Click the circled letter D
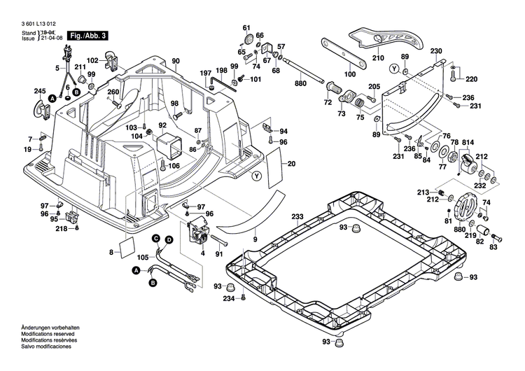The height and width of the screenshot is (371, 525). click(x=169, y=240)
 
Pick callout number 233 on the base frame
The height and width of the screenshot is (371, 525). click(x=297, y=217)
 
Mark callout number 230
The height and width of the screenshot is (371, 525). click(x=436, y=52)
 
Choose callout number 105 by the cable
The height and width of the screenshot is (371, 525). click(x=143, y=258)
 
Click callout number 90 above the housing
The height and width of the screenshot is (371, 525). click(x=176, y=61)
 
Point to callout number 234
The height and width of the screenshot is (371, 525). click(x=228, y=299)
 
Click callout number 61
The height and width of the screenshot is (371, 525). click(x=246, y=27)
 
